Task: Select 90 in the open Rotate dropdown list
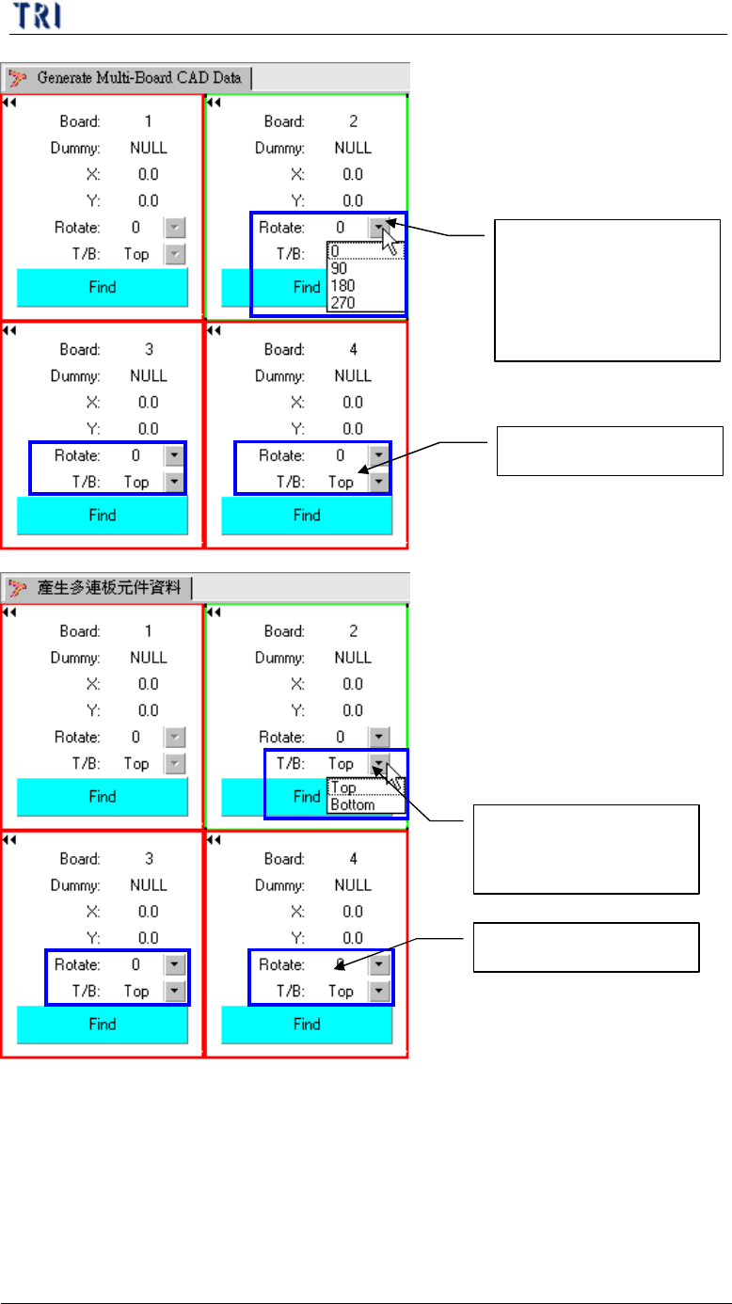tap(340, 268)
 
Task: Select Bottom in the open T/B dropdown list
tap(353, 805)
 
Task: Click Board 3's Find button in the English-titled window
tap(103, 516)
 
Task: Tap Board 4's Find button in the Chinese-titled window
tap(307, 1025)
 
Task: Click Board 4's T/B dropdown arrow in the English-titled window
tap(378, 482)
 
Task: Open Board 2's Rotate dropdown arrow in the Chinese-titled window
tap(378, 738)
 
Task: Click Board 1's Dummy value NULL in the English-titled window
tap(148, 148)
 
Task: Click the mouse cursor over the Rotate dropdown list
tap(391, 242)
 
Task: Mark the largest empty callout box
tap(608, 290)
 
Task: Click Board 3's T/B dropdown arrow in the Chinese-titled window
tap(174, 992)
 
